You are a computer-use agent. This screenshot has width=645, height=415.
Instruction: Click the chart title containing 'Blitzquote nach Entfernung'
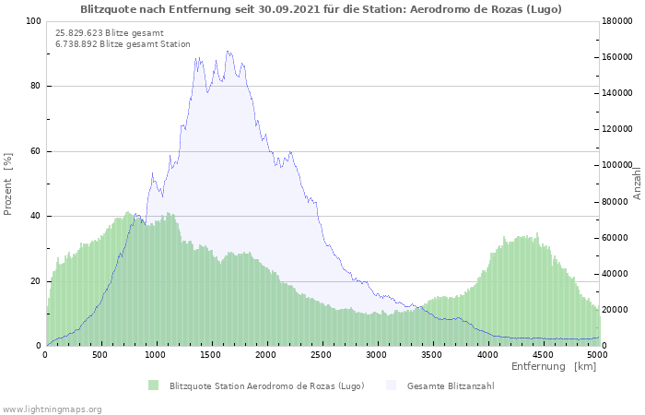pyautogui.click(x=321, y=9)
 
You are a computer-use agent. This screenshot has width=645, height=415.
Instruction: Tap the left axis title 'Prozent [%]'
pyautogui.click(x=7, y=184)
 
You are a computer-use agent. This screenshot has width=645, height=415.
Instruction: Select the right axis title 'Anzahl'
pyautogui.click(x=637, y=184)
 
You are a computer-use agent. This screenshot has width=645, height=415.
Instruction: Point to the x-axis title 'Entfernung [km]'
pyautogui.click(x=554, y=366)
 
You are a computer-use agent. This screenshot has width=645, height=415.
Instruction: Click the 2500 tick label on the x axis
pyautogui.click(x=321, y=354)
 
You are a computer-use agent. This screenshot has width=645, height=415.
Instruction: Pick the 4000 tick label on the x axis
pyautogui.click(x=487, y=354)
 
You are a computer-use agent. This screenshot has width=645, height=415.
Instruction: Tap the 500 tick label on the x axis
pyautogui.click(x=100, y=354)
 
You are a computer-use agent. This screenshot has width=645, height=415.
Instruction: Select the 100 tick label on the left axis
pyautogui.click(x=33, y=21)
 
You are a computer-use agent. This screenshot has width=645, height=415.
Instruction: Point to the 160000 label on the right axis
pyautogui.click(x=617, y=57)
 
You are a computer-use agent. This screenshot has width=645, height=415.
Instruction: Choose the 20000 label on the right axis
pyautogui.click(x=615, y=310)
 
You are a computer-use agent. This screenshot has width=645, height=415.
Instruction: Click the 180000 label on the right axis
pyautogui.click(x=617, y=21)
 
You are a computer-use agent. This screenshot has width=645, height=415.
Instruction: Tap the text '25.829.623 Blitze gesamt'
pyautogui.click(x=110, y=33)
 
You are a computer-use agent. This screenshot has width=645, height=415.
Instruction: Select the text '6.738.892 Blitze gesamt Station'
pyautogui.click(x=123, y=44)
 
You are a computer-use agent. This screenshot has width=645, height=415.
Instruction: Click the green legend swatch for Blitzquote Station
pyautogui.click(x=154, y=385)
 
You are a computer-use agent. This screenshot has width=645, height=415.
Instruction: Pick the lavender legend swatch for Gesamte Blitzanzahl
pyautogui.click(x=392, y=385)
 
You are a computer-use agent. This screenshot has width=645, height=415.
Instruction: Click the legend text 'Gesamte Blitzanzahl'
pyautogui.click(x=451, y=385)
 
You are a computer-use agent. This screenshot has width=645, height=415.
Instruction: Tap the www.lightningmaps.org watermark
pyautogui.click(x=52, y=409)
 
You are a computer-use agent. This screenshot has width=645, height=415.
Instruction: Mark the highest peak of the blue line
pyautogui.click(x=227, y=51)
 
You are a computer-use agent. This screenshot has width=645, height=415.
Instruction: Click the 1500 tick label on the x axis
pyautogui.click(x=211, y=354)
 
